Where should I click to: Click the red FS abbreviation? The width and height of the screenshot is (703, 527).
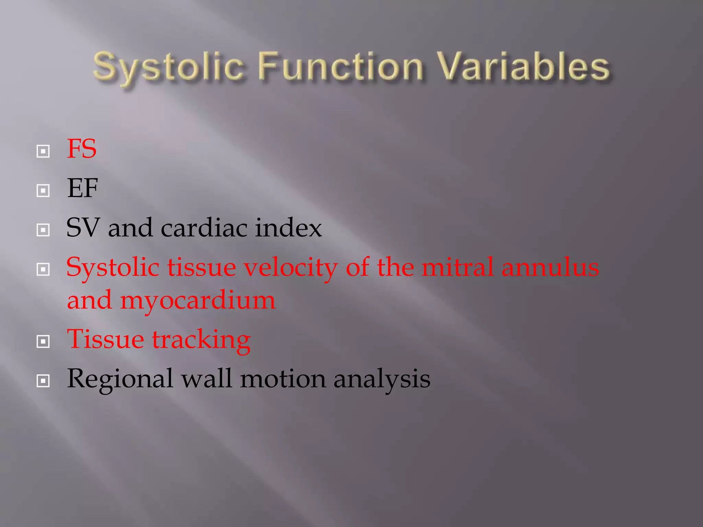pyautogui.click(x=82, y=149)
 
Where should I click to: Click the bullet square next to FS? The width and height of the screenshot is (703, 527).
pyautogui.click(x=43, y=151)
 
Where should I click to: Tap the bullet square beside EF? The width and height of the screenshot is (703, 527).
pyautogui.click(x=43, y=190)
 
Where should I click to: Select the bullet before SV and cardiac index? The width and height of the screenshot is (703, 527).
pyautogui.click(x=43, y=230)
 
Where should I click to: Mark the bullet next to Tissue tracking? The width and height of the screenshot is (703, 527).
pyautogui.click(x=43, y=341)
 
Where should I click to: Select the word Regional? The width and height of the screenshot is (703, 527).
pyautogui.click(x=120, y=379)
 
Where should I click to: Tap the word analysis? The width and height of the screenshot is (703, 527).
pyautogui.click(x=382, y=379)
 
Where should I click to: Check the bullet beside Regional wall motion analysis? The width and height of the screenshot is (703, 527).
pyautogui.click(x=43, y=380)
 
